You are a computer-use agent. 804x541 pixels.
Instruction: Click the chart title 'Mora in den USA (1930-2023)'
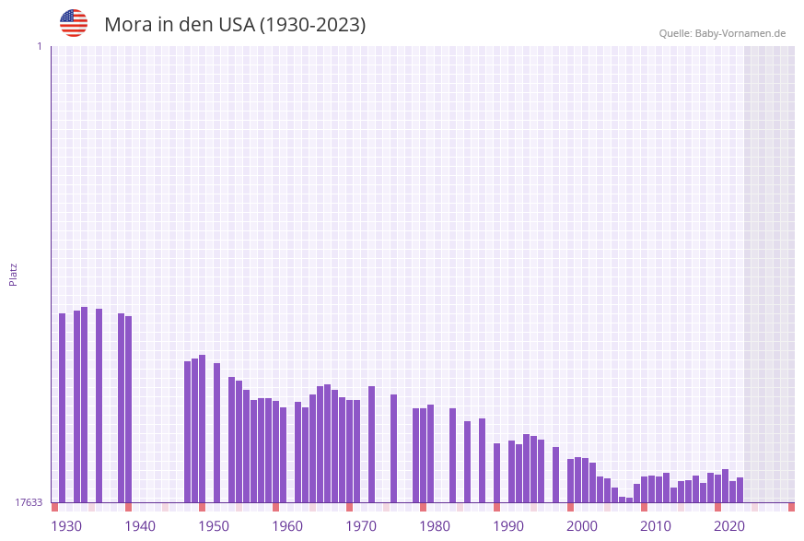[x=235, y=25]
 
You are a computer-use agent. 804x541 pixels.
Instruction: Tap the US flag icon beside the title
[x=74, y=23]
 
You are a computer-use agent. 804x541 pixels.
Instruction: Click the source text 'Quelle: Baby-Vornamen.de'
[x=722, y=33]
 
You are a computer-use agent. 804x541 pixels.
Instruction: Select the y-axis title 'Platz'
[x=14, y=274]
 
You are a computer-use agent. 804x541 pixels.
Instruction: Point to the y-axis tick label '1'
[x=39, y=47]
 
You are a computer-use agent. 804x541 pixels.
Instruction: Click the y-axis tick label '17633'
[x=29, y=502]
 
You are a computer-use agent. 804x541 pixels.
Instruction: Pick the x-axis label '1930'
[x=66, y=526]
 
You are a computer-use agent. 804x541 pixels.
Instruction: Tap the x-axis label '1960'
[x=287, y=526]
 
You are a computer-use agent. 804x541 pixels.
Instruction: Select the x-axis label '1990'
[x=508, y=526]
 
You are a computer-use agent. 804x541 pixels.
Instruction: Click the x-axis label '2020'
[x=729, y=526]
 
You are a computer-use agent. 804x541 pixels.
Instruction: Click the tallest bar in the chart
[x=85, y=405]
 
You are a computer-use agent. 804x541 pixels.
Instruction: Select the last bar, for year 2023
[x=740, y=489]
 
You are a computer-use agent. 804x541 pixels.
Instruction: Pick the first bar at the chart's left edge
[x=63, y=407]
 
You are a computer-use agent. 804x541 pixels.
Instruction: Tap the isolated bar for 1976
[x=394, y=448]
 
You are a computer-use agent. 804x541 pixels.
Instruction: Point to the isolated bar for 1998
[x=556, y=474]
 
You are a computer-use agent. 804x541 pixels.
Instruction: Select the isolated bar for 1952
[x=217, y=432]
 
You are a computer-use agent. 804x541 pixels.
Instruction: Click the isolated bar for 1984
[x=453, y=455]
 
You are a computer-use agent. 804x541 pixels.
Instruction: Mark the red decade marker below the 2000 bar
[x=571, y=507]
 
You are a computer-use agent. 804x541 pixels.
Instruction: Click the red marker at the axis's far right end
[x=791, y=507]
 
